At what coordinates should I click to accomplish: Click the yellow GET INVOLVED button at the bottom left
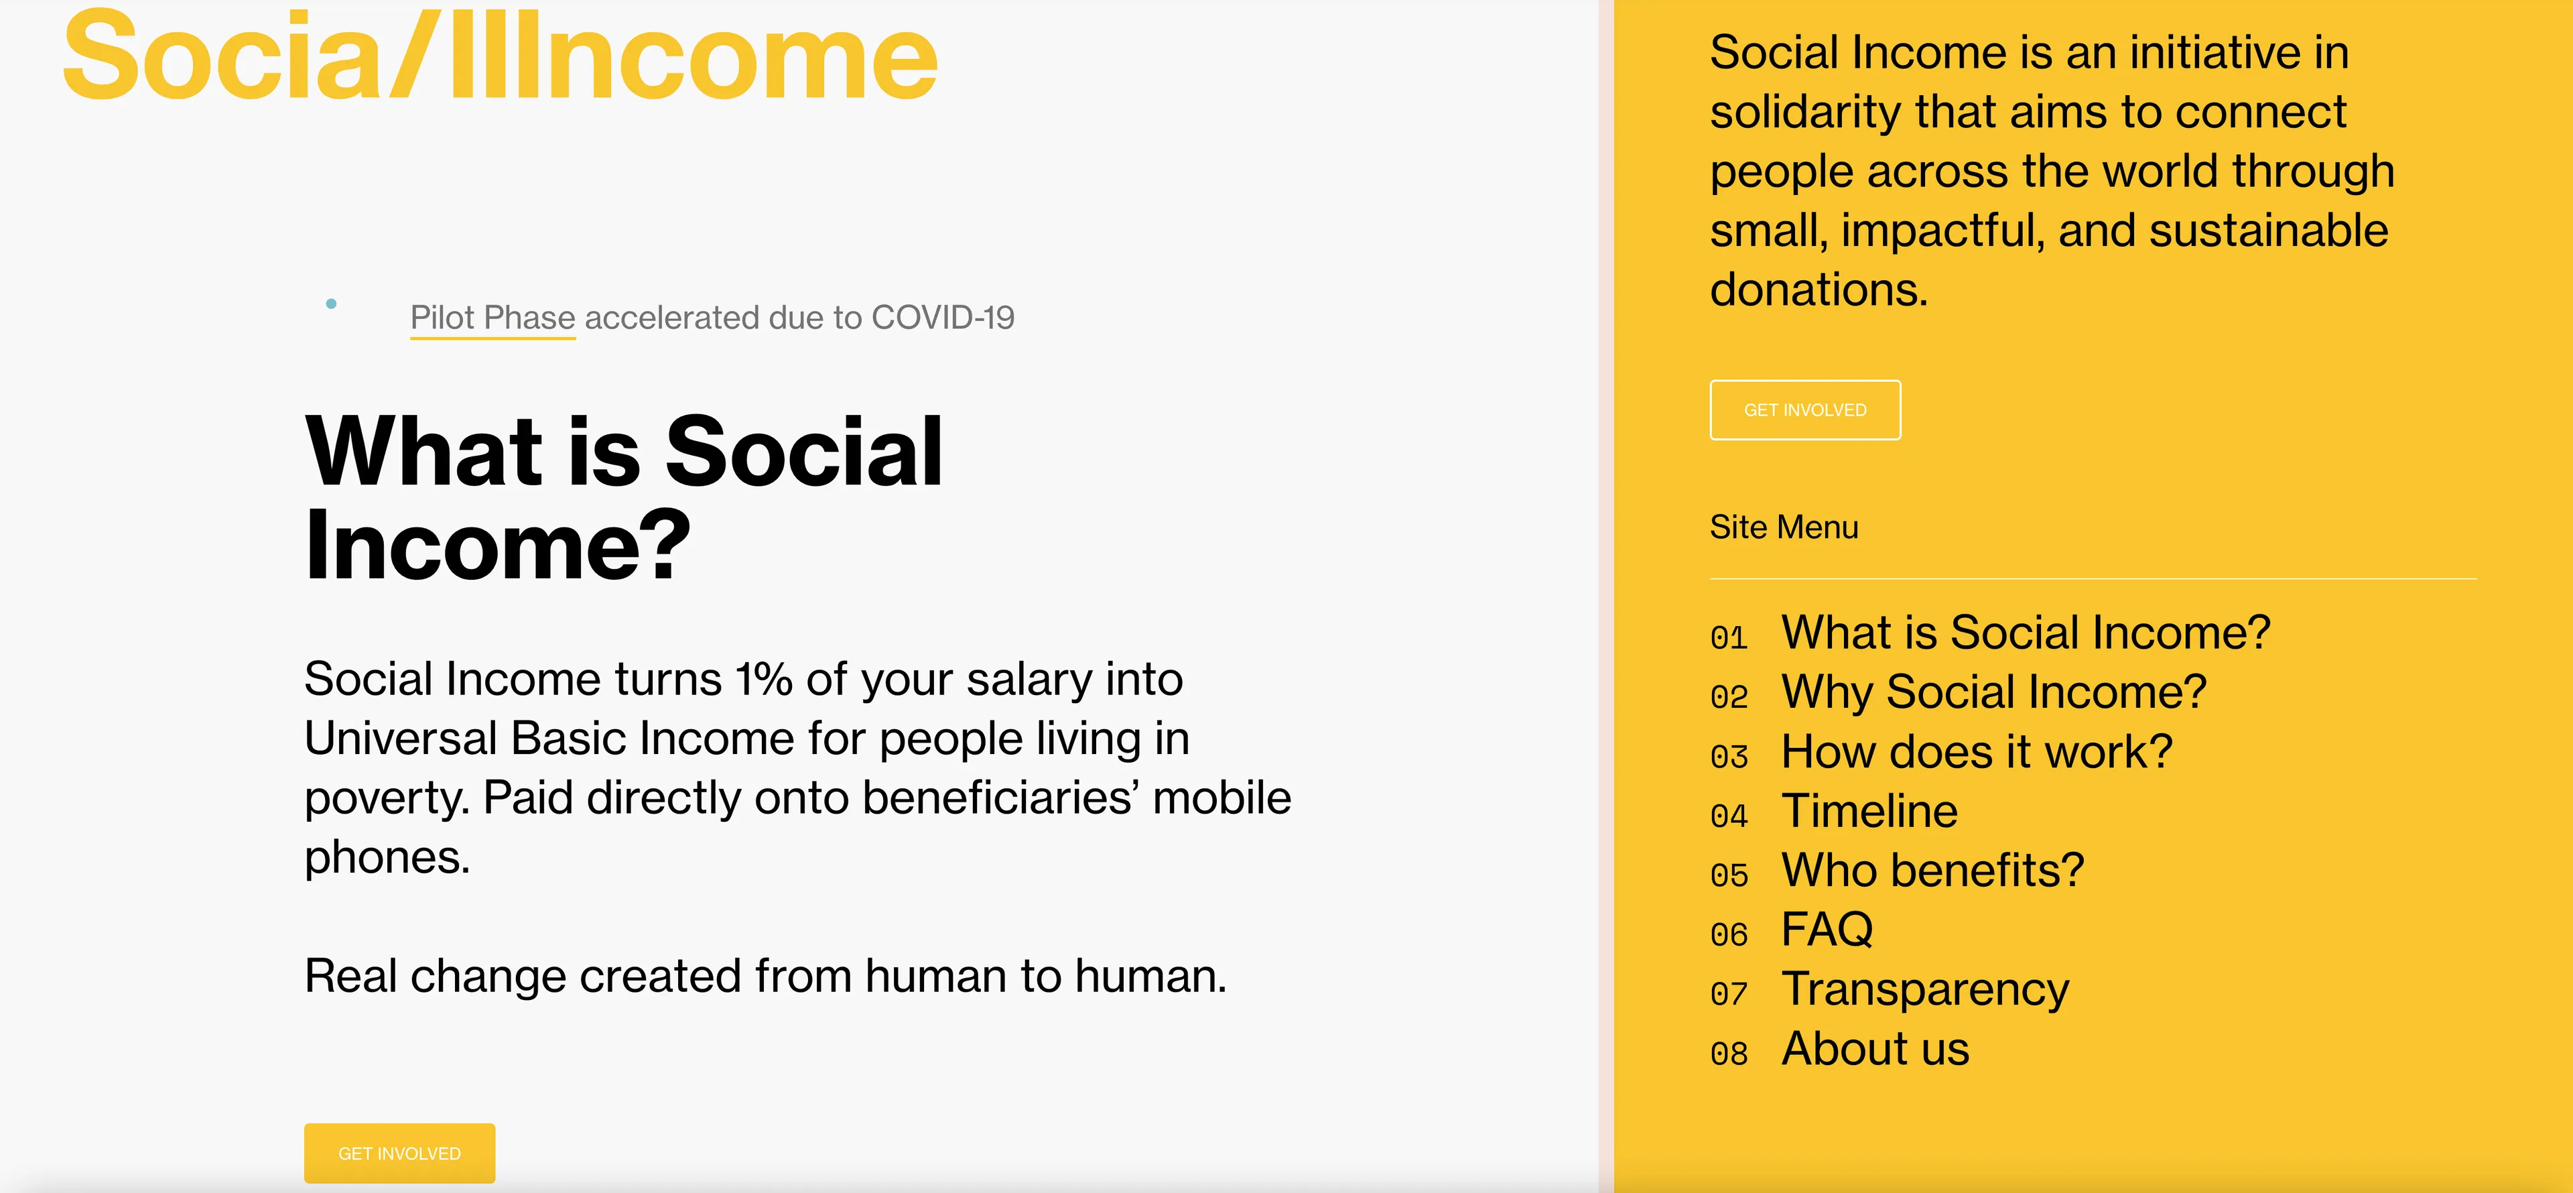[x=399, y=1153]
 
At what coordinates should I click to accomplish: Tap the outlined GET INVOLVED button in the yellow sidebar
[x=1805, y=410]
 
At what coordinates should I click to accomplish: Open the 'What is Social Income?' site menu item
[x=2026, y=633]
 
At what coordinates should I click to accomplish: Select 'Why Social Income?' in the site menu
[x=1993, y=692]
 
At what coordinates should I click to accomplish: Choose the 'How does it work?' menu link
[x=1977, y=751]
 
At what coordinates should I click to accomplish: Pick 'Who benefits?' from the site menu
[x=1932, y=870]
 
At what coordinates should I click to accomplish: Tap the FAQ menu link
[x=1827, y=929]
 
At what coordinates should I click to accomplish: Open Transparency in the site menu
[x=1925, y=989]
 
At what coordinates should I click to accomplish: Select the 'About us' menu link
[x=1875, y=1048]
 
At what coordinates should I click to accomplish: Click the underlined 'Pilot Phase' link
[x=492, y=318]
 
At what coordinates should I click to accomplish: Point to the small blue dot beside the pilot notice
[x=332, y=304]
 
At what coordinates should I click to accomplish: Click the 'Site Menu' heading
[x=1784, y=527]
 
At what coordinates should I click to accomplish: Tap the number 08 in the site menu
[x=1729, y=1053]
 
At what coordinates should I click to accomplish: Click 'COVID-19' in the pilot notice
[x=942, y=318]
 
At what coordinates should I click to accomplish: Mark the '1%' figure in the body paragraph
[x=764, y=680]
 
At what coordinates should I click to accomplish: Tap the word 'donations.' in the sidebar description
[x=1818, y=290]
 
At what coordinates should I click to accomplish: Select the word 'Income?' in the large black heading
[x=497, y=546]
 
